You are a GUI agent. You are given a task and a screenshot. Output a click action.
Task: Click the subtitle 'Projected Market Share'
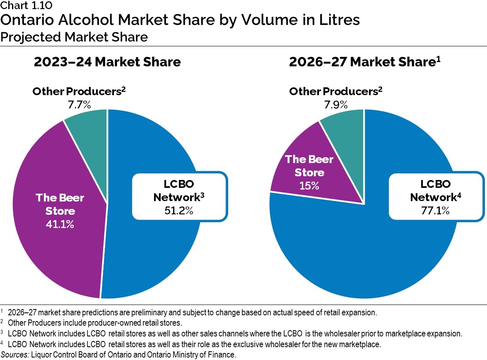click(x=74, y=37)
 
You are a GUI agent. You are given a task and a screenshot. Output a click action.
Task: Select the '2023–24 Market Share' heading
click(x=107, y=62)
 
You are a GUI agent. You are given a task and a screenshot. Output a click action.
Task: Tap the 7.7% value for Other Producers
click(x=79, y=104)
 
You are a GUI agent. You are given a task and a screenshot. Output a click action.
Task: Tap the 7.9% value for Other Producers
click(x=335, y=104)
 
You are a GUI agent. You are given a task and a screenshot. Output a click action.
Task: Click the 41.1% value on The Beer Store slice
click(x=60, y=225)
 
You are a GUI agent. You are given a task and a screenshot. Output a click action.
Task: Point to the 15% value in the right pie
click(x=309, y=185)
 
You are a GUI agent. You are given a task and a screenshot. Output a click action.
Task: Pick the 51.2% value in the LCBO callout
click(x=179, y=211)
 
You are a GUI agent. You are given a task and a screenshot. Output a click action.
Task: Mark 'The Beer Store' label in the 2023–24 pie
click(x=60, y=204)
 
